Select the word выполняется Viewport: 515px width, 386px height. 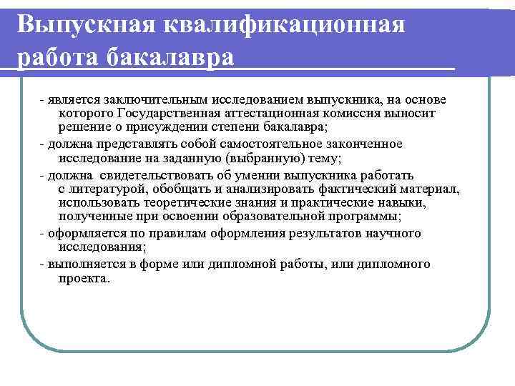click(78, 264)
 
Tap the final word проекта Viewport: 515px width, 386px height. click(84, 278)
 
